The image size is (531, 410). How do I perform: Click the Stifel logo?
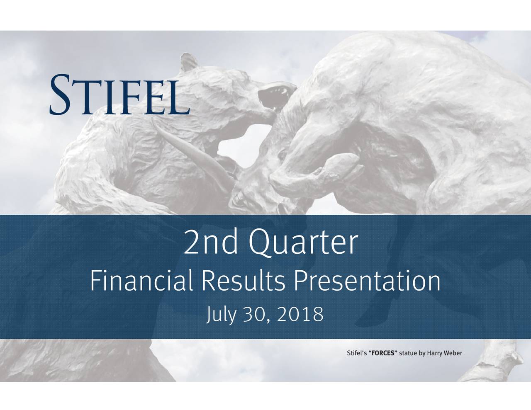(120, 94)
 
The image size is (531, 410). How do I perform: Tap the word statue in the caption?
(407, 353)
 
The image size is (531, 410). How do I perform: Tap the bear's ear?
(188, 62)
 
